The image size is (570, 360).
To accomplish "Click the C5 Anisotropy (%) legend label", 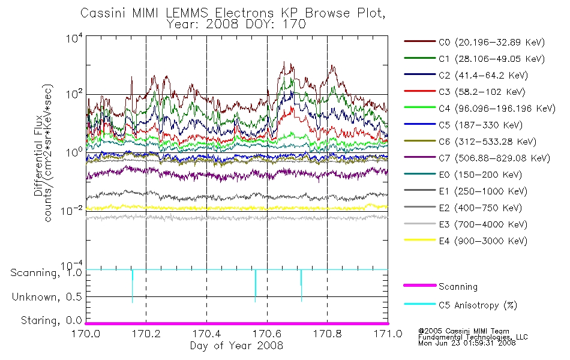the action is point(478,305).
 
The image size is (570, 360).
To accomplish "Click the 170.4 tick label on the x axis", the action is point(206,334).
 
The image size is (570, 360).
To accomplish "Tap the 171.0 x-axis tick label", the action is point(388,334).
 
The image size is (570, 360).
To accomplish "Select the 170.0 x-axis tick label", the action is point(86,334).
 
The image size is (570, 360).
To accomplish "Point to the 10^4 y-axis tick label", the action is point(74,38).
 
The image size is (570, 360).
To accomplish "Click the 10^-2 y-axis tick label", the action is point(72,210).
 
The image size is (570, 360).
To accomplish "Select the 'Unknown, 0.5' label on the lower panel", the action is point(47,297).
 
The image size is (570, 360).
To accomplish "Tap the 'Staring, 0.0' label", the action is point(51,320).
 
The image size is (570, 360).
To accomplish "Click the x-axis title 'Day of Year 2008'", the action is point(236,346).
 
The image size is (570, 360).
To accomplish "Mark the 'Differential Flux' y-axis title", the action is point(38,155).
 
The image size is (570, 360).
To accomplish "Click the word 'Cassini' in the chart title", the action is point(103,13).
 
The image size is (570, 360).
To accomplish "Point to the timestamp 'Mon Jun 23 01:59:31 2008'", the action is point(467,343).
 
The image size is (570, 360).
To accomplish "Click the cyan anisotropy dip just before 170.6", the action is point(255,286).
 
